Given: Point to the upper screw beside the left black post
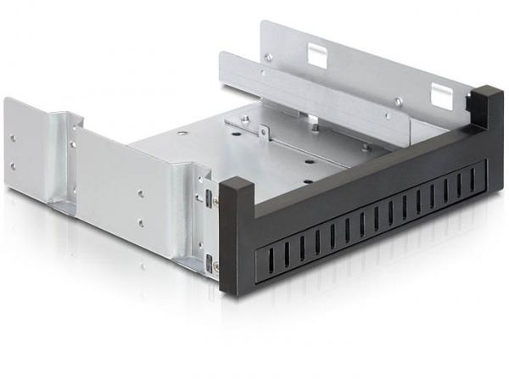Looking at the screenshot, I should tap(215, 201).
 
